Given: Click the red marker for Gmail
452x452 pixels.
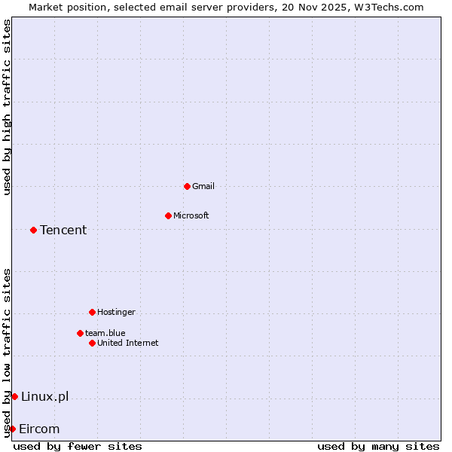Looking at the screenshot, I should click(x=187, y=186).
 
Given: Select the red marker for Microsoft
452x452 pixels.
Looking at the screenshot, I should click(x=168, y=215).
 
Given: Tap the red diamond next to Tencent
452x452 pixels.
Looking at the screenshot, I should click(x=33, y=230).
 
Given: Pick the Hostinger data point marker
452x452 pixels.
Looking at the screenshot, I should click(x=92, y=312).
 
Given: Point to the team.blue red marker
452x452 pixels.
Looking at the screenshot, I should click(x=80, y=333).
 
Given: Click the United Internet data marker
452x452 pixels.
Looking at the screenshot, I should click(x=92, y=343).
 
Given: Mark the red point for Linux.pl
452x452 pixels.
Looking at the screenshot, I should click(x=14, y=396).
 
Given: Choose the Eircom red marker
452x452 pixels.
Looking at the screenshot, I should click(x=12, y=429).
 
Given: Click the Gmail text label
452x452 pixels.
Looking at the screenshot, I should click(x=203, y=186).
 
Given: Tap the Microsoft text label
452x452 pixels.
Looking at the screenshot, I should click(x=191, y=215).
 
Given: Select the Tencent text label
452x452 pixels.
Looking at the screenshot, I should click(x=63, y=230).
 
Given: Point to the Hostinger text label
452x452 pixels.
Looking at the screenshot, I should click(x=116, y=312).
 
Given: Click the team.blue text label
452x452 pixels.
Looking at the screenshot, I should click(x=105, y=333).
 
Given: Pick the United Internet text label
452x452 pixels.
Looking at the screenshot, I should click(x=128, y=343).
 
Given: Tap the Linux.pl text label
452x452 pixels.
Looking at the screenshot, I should click(x=44, y=396).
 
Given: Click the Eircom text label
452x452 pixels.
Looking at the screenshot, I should click(x=39, y=429).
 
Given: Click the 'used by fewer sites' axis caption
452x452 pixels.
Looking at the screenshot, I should click(x=78, y=446).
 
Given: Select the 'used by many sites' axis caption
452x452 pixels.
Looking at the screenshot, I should click(x=378, y=446).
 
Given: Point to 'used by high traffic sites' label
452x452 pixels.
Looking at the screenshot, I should click(x=7, y=107).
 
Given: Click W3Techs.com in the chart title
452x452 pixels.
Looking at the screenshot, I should click(x=386, y=7).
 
